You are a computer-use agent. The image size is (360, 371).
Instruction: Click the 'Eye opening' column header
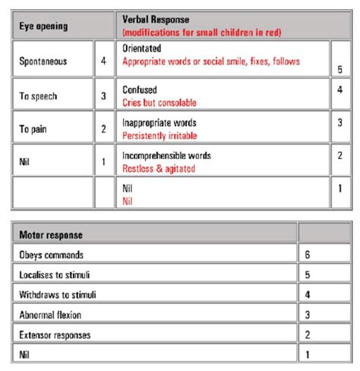[43, 25]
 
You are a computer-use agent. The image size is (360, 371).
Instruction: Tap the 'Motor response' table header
[52, 236]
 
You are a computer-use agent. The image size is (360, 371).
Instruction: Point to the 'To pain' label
[35, 128]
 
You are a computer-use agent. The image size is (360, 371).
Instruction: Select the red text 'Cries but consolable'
[159, 101]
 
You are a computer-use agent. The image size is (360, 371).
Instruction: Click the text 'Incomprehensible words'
[166, 155]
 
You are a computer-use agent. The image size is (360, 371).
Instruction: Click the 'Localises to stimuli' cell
[55, 274]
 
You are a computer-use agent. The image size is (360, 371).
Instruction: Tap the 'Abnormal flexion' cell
[52, 312]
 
